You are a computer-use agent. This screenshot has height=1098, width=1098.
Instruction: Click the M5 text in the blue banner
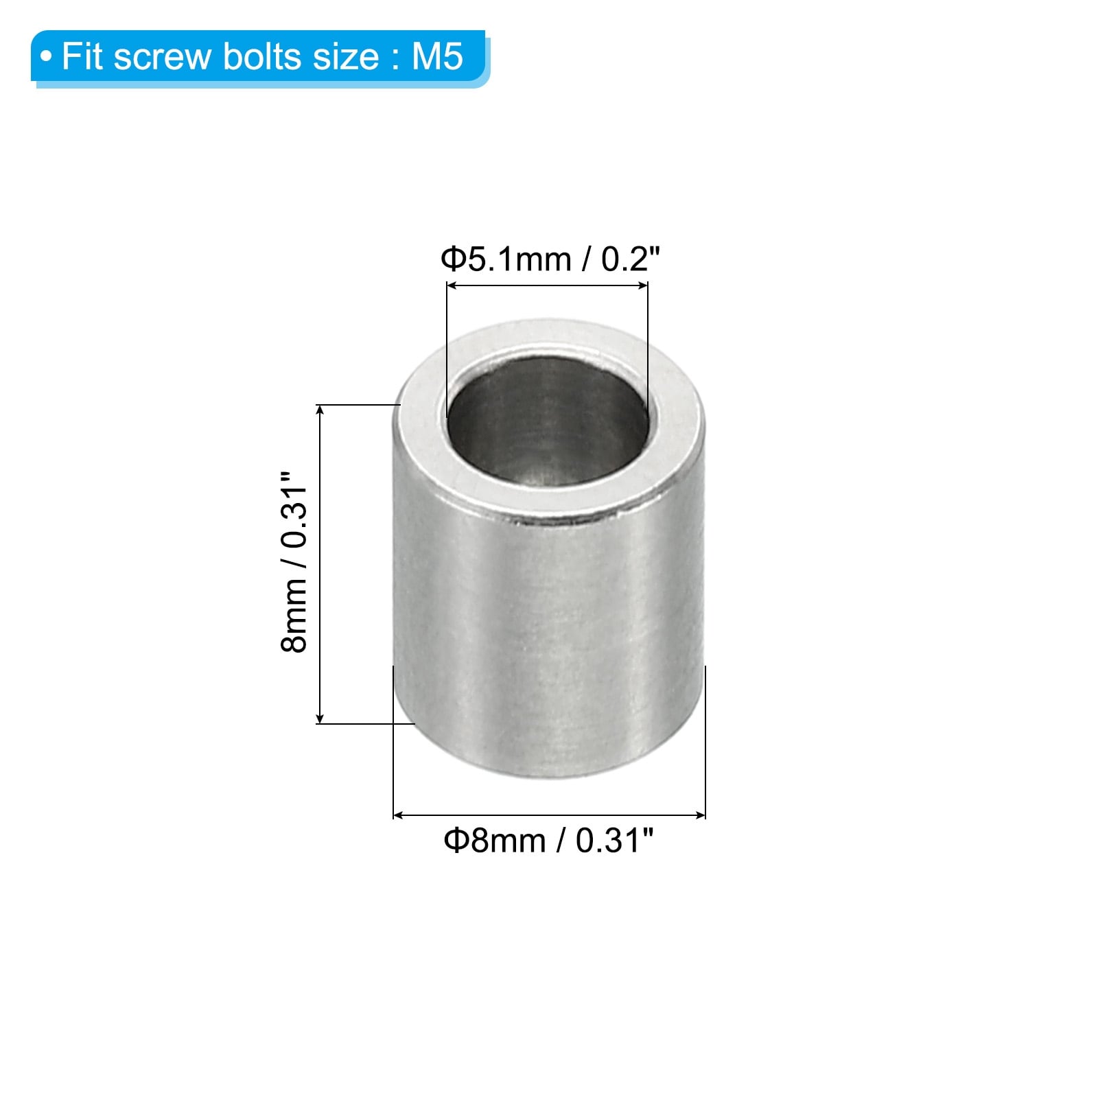[438, 56]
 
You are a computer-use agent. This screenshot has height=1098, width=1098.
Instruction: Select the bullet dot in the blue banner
[46, 57]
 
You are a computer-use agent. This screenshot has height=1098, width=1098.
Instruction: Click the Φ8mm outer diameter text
[495, 840]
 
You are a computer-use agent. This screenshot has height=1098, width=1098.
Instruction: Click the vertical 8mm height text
[294, 614]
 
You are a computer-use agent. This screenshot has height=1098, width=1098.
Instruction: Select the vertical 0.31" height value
[294, 509]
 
